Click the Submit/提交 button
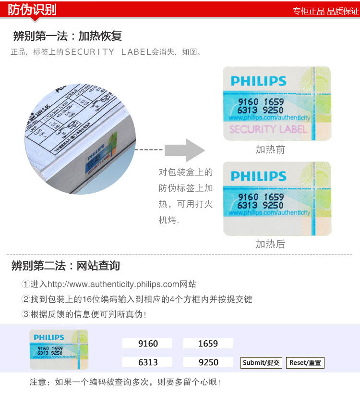click(261, 363)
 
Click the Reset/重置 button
click(305, 363)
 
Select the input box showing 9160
click(147, 344)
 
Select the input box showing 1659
click(207, 344)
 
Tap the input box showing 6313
click(147, 362)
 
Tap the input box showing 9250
click(207, 362)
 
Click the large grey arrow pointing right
click(185, 150)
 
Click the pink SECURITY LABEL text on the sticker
click(268, 129)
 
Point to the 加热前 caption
click(270, 149)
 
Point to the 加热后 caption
click(270, 244)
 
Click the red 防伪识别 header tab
click(32, 10)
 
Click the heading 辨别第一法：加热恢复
click(67, 36)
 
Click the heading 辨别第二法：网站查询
click(66, 266)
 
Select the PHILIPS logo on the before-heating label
click(258, 81)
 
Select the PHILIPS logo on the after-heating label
click(258, 176)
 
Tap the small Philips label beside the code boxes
click(59, 349)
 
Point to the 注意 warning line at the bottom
click(125, 383)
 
